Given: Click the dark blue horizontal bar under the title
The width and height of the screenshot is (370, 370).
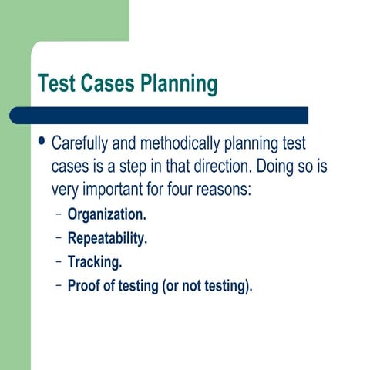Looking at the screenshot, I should click(162, 116).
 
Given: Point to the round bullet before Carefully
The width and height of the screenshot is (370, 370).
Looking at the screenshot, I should click(42, 143).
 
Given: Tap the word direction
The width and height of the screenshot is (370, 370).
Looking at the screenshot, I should click(221, 166).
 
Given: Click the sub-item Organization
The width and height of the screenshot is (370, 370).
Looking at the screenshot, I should click(106, 214).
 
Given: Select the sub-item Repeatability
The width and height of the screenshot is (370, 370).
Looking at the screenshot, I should click(107, 238).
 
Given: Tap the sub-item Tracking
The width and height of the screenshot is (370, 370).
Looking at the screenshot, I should click(95, 262).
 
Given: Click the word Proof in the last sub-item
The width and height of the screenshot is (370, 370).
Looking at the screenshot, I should click(84, 286).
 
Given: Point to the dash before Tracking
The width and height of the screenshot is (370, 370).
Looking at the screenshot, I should click(59, 262).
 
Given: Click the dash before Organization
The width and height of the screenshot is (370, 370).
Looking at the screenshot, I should click(59, 214).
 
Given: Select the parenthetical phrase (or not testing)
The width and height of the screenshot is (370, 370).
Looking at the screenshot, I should click(207, 286).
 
